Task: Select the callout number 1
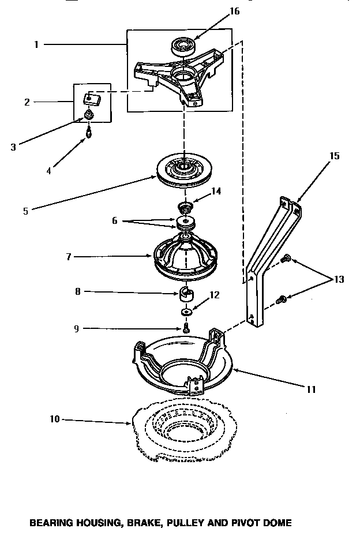click(x=36, y=44)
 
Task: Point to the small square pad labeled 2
click(x=92, y=99)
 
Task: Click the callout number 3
click(x=13, y=147)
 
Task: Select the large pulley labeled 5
click(x=182, y=171)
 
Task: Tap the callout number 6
click(x=115, y=220)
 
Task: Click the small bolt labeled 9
click(x=186, y=328)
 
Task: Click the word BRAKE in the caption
click(x=142, y=523)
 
